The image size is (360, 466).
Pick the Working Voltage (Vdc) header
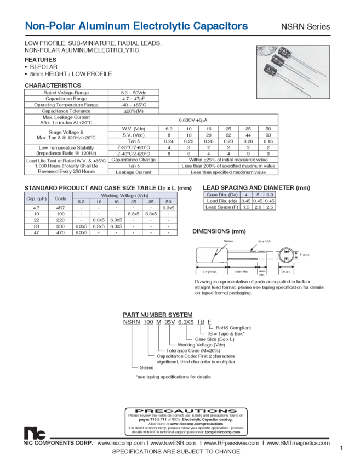[x=123, y=195]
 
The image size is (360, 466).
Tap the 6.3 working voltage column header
[x=81, y=202]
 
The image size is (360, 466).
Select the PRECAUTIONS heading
[x=181, y=411]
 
